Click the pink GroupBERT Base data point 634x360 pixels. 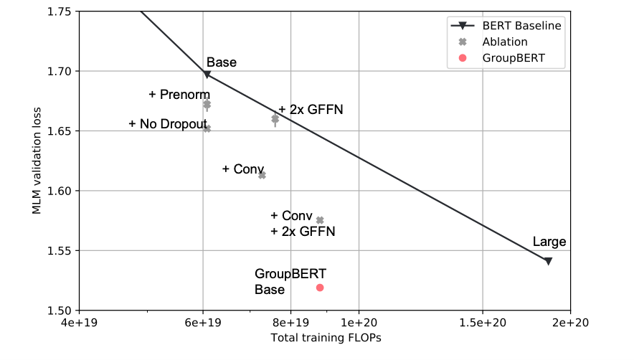(320, 288)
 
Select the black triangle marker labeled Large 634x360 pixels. (548, 261)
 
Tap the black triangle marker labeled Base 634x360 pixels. (207, 74)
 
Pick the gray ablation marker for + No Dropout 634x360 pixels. (207, 128)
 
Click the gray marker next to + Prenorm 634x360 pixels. (207, 105)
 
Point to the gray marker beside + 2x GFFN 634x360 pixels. (275, 118)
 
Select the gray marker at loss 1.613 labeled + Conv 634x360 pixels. (262, 175)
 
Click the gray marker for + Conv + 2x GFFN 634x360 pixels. (320, 220)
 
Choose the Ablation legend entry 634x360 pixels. (502, 42)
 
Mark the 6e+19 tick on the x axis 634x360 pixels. (202, 323)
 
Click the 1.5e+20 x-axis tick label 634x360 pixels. (482, 323)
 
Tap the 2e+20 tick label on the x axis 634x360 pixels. (570, 323)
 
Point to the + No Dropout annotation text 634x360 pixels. (168, 124)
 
